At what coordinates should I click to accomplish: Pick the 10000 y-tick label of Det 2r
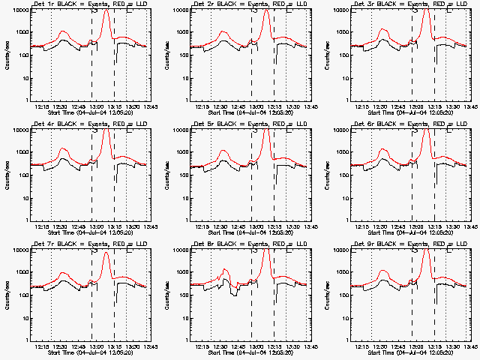point(177,10)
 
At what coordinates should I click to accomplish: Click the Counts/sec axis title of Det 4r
point(6,174)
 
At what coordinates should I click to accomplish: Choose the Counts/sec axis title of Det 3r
point(326,54)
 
